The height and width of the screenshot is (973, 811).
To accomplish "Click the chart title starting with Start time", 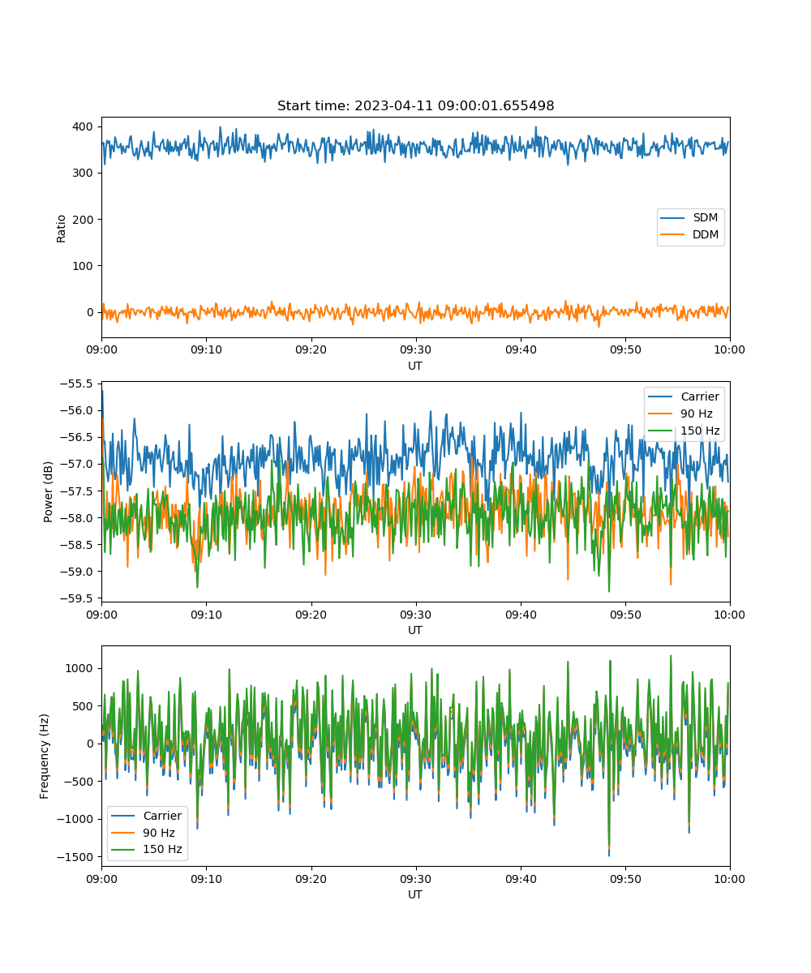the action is pyautogui.click(x=415, y=105).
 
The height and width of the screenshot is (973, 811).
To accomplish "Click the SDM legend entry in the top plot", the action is pyautogui.click(x=689, y=217).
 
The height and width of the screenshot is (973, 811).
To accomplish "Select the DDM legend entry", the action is pyautogui.click(x=689, y=234).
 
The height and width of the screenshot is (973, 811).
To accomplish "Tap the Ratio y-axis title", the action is pyautogui.click(x=61, y=229).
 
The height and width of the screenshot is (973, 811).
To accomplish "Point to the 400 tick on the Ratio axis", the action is pyautogui.click(x=83, y=126).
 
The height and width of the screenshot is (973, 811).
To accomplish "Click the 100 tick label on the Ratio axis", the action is pyautogui.click(x=83, y=266).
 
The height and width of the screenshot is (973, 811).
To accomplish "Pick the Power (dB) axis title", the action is pyautogui.click(x=48, y=491).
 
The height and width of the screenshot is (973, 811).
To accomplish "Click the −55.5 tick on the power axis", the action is pyautogui.click(x=76, y=384).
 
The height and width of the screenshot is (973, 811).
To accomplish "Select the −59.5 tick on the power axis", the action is pyautogui.click(x=76, y=598).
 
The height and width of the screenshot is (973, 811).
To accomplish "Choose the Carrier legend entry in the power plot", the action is pyautogui.click(x=684, y=396).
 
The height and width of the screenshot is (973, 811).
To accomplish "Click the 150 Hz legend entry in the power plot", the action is pyautogui.click(x=684, y=430).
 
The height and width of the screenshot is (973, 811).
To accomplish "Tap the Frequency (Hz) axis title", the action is pyautogui.click(x=44, y=757).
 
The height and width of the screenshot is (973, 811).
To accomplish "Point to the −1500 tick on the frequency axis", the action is pyautogui.click(x=75, y=857).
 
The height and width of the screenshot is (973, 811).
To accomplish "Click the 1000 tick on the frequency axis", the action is pyautogui.click(x=79, y=668).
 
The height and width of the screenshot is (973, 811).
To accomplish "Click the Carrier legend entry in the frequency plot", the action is pyautogui.click(x=146, y=816).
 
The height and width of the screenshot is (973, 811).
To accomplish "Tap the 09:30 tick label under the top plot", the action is pyautogui.click(x=416, y=349).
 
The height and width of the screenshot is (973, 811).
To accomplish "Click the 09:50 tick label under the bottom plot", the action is pyautogui.click(x=625, y=879).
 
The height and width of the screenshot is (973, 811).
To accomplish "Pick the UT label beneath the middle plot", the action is pyautogui.click(x=414, y=630).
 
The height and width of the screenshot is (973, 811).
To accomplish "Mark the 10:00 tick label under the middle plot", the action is pyautogui.click(x=729, y=615).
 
